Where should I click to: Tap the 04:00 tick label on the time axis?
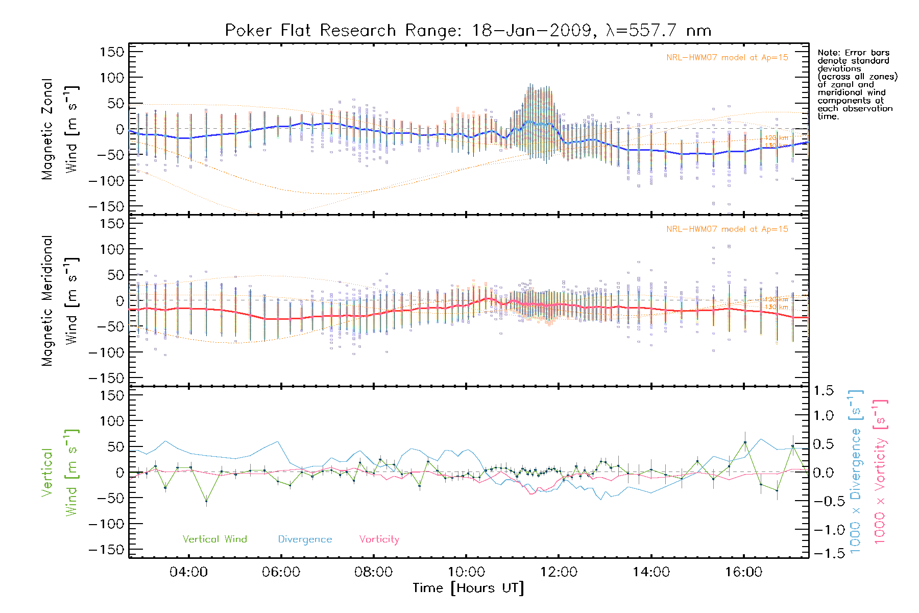click(188, 572)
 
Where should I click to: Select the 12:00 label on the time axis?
click(559, 572)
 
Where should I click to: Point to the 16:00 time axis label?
click(743, 572)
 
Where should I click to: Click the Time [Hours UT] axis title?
click(468, 588)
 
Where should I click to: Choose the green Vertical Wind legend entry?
click(214, 539)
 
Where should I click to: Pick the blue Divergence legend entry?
click(305, 539)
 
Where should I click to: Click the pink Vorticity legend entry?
click(379, 539)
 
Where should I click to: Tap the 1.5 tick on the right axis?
click(824, 391)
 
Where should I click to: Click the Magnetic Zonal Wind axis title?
click(60, 129)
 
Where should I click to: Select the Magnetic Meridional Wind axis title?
click(60, 300)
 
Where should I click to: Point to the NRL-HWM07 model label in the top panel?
click(727, 58)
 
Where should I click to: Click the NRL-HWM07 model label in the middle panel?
click(727, 229)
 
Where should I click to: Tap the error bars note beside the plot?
click(857, 84)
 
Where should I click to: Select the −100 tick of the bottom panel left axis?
click(107, 524)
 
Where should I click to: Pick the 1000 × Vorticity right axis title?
click(880, 471)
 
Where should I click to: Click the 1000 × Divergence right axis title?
click(856, 471)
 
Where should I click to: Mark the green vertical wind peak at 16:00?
click(745, 442)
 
